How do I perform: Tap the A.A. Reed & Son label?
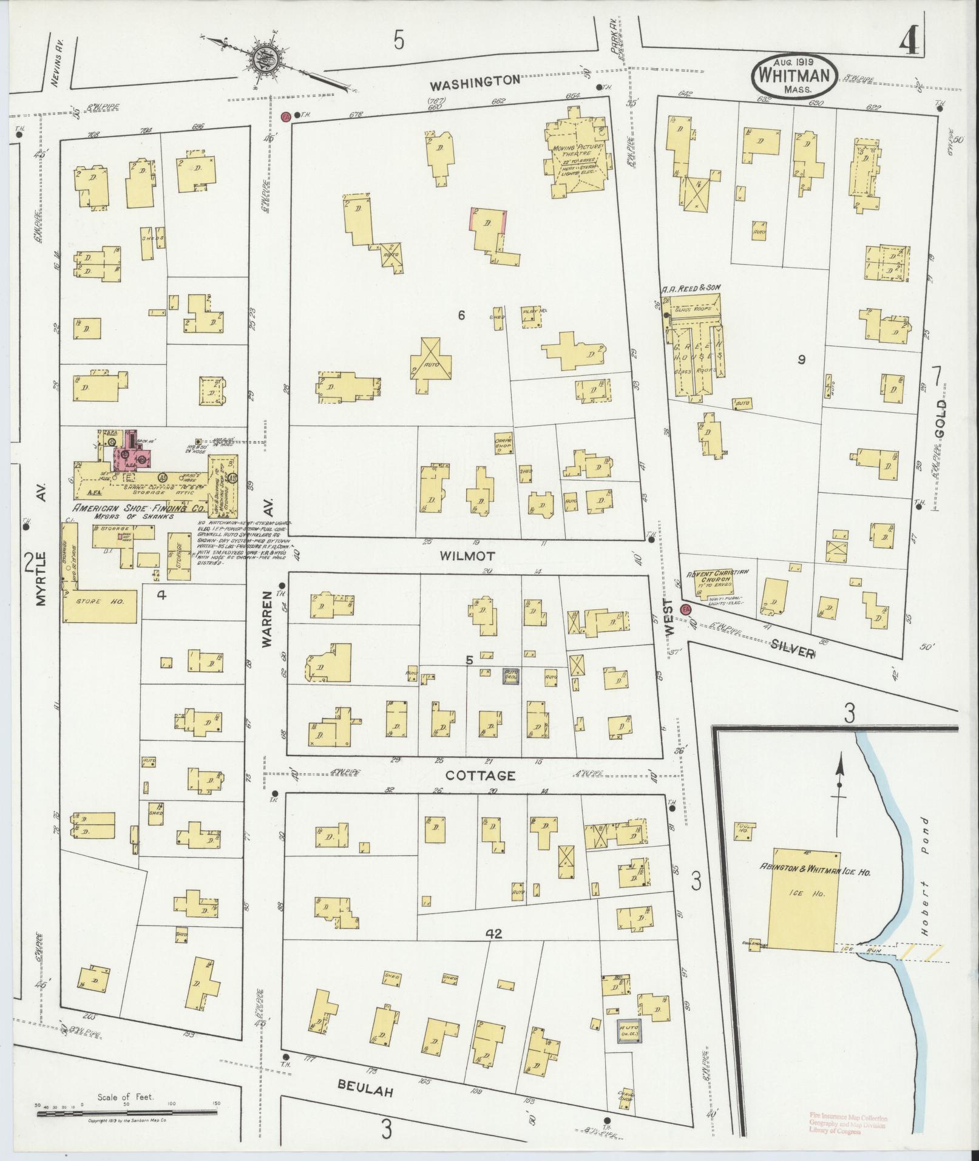click(x=690, y=287)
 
